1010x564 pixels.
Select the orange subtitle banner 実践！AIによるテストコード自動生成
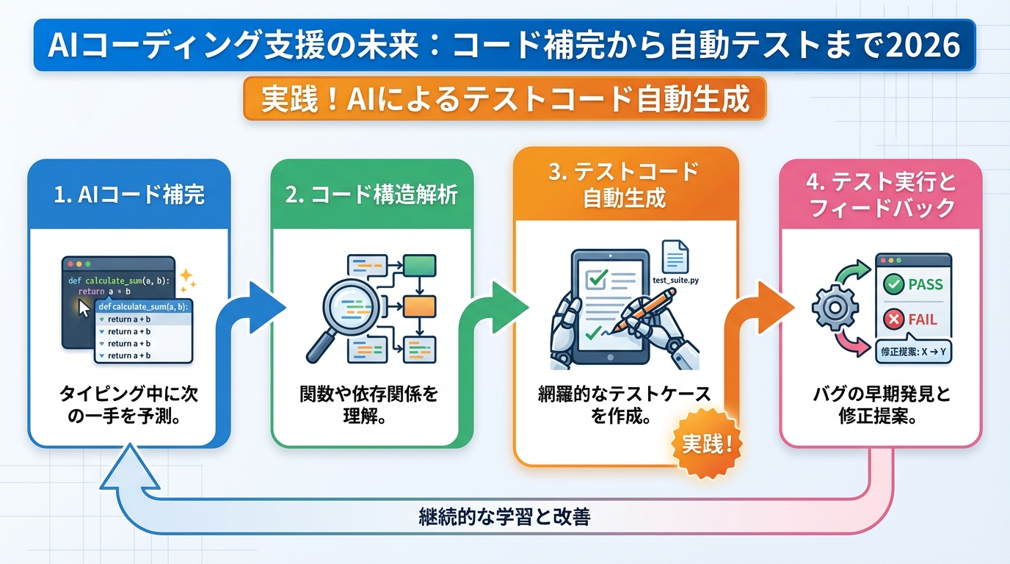tap(504, 99)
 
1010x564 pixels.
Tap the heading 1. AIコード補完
tap(129, 195)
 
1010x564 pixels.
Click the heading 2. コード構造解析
tap(372, 195)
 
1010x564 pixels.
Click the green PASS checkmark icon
tap(893, 285)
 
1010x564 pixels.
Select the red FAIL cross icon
tap(893, 319)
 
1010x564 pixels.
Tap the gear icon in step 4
tap(835, 306)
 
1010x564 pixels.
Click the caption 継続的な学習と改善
tap(504, 517)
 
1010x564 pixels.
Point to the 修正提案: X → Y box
tap(912, 352)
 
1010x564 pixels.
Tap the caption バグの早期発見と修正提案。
tap(879, 405)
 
